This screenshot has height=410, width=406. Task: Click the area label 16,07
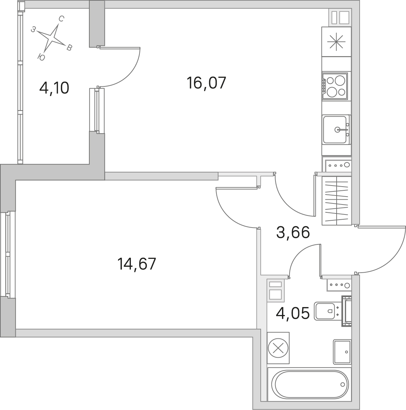(x=206, y=83)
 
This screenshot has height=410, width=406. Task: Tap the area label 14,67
(x=137, y=264)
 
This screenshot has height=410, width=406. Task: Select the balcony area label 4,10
(x=54, y=88)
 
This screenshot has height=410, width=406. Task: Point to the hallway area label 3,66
(x=293, y=232)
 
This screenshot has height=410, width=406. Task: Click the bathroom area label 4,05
(x=293, y=313)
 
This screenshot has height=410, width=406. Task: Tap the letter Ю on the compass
(x=41, y=57)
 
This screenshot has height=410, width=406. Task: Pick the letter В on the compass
(x=69, y=48)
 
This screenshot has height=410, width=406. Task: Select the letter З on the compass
(x=33, y=29)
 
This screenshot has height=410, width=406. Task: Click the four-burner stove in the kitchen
(x=335, y=86)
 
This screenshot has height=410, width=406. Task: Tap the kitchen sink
(x=336, y=129)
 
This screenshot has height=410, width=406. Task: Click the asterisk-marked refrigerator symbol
(x=336, y=42)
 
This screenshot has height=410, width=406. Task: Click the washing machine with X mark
(x=278, y=348)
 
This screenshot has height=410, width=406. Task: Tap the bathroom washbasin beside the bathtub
(x=342, y=352)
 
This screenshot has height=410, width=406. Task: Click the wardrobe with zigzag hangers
(x=337, y=201)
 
